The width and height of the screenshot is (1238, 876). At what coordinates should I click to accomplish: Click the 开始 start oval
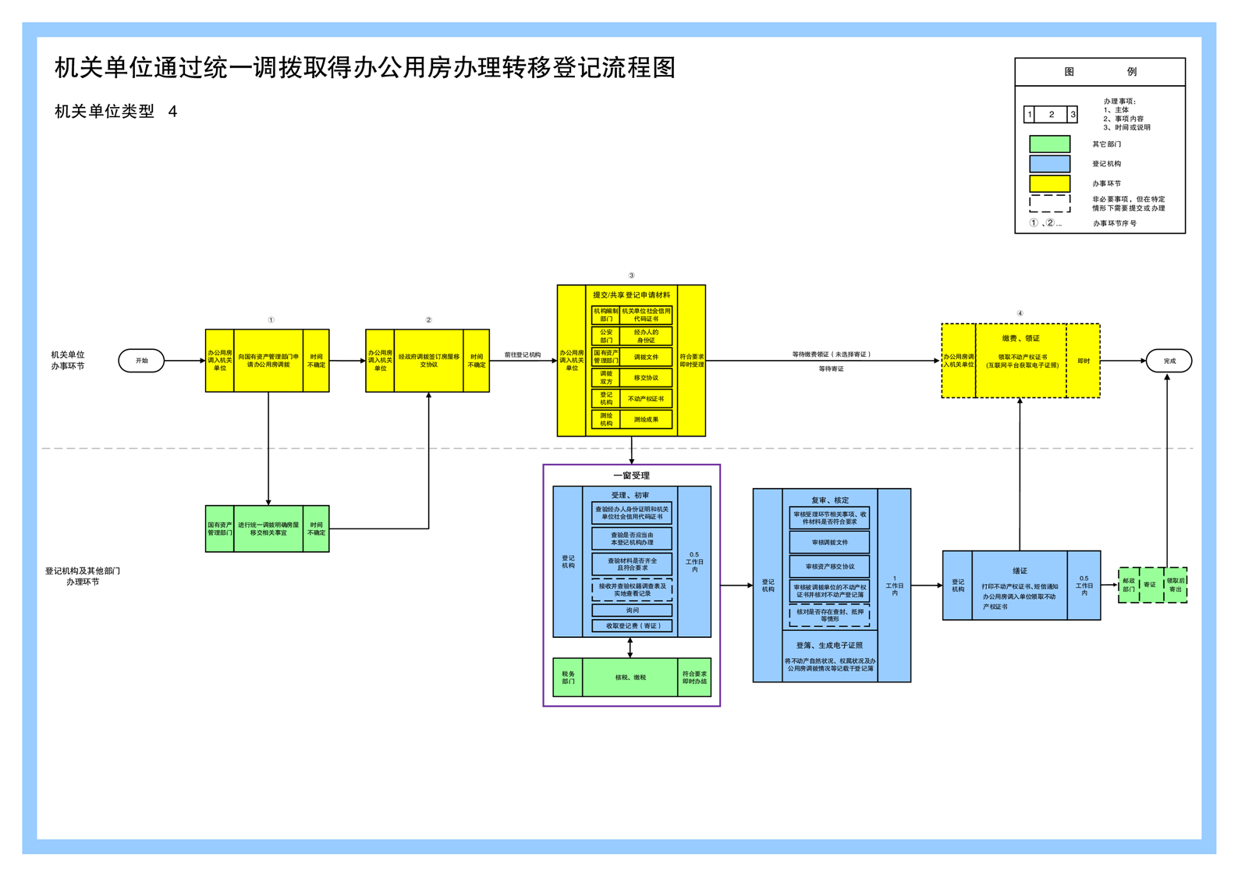[141, 361]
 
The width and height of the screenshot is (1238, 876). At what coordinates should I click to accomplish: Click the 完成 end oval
[1169, 361]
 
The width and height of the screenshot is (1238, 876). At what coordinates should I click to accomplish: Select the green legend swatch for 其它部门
[1049, 144]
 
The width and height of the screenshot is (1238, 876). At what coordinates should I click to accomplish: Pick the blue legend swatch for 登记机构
[1049, 163]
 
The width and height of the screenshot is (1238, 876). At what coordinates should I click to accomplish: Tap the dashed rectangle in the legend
[1049, 203]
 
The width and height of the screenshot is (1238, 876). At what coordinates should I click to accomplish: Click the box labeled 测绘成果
[646, 419]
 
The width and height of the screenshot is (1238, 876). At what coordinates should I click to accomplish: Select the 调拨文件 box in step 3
[646, 357]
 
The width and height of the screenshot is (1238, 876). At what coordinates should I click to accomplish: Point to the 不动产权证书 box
[646, 398]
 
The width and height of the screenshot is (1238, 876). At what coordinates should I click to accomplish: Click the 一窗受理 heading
[631, 475]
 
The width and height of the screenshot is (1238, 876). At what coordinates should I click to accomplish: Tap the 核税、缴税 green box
[630, 677]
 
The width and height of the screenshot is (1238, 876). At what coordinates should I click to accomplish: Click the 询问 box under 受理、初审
[632, 611]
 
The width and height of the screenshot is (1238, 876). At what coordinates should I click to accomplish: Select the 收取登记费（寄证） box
[632, 625]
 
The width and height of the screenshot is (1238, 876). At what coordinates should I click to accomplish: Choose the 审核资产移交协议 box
[829, 567]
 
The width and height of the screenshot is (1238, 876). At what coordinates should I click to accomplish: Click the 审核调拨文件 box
[829, 542]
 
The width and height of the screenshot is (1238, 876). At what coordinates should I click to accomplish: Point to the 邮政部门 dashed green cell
[1129, 585]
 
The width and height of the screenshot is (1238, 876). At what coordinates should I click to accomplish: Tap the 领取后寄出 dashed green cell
[1176, 585]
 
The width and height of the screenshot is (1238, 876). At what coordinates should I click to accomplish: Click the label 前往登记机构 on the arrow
[523, 355]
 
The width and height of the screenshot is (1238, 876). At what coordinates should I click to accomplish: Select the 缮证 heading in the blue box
[1020, 571]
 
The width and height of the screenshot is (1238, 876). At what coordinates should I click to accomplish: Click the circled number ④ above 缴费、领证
[1020, 314]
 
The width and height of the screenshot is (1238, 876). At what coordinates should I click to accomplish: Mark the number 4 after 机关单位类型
[172, 112]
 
